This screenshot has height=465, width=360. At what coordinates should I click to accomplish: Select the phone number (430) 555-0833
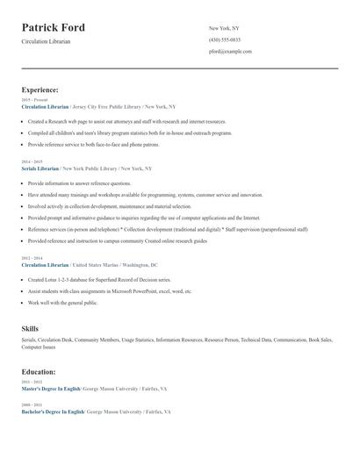point(226,39)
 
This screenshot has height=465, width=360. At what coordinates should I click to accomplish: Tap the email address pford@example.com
point(230,51)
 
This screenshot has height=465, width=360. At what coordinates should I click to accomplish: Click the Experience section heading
point(40,89)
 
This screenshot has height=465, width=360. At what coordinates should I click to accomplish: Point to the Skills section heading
point(30,327)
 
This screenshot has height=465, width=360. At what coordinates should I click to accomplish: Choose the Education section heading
point(40,372)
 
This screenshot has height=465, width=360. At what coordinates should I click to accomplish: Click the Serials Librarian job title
point(40,168)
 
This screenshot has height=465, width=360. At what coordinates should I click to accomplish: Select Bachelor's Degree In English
point(53,411)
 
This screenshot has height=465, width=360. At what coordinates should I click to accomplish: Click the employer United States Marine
point(97,263)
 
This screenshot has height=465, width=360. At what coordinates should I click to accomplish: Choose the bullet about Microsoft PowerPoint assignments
point(110,290)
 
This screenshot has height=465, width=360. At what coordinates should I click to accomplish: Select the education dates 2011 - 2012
point(31,382)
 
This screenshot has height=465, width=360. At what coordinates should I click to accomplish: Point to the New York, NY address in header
point(224,28)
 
